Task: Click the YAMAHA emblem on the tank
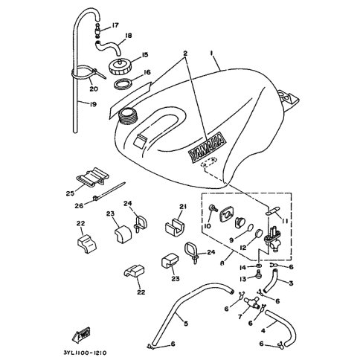(x=207, y=148)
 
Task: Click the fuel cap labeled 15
(x=119, y=66)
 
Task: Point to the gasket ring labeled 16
(x=123, y=84)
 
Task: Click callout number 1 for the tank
(x=211, y=53)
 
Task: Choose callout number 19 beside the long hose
(x=93, y=104)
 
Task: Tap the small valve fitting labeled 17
(x=97, y=30)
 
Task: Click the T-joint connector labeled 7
(x=252, y=303)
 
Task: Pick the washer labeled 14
(x=259, y=266)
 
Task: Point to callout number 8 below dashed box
(x=222, y=263)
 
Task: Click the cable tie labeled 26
(x=109, y=191)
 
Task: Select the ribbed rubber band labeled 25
(x=93, y=177)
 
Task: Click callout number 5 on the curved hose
(x=186, y=324)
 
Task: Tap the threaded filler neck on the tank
(x=128, y=116)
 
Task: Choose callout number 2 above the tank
(x=185, y=54)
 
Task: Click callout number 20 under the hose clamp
(x=94, y=89)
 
